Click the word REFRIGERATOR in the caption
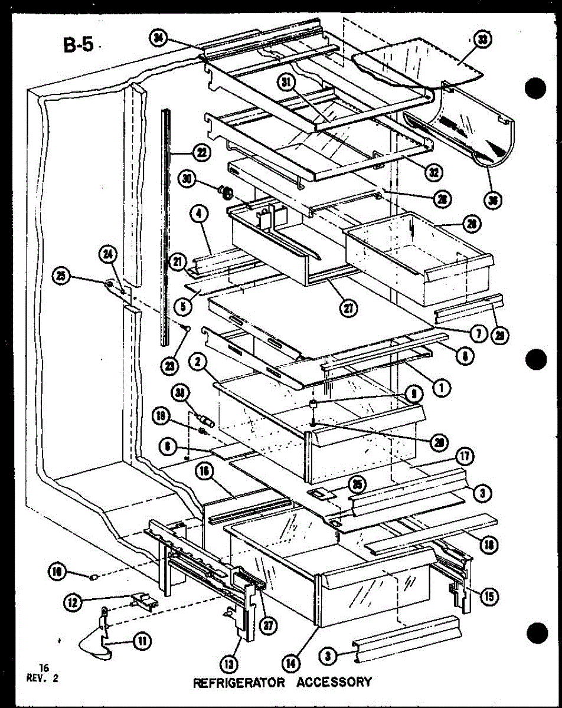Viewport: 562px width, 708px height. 239,682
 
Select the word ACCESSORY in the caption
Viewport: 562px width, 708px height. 334,682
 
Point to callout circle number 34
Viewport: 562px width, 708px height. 158,39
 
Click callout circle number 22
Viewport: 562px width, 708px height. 202,153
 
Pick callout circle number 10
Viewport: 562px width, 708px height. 57,571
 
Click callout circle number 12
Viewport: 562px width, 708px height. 74,603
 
